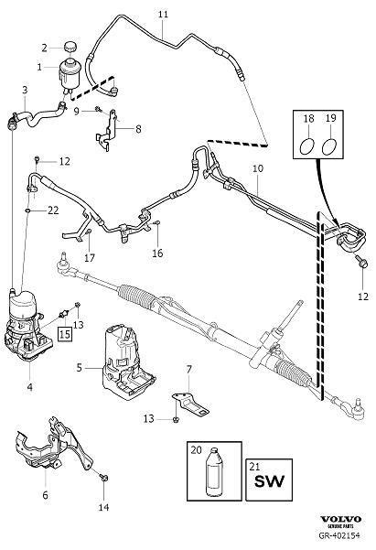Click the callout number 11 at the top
click(163, 15)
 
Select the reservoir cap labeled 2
click(68, 47)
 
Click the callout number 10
click(257, 169)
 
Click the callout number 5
click(81, 367)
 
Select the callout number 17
click(90, 258)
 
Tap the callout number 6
click(45, 495)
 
